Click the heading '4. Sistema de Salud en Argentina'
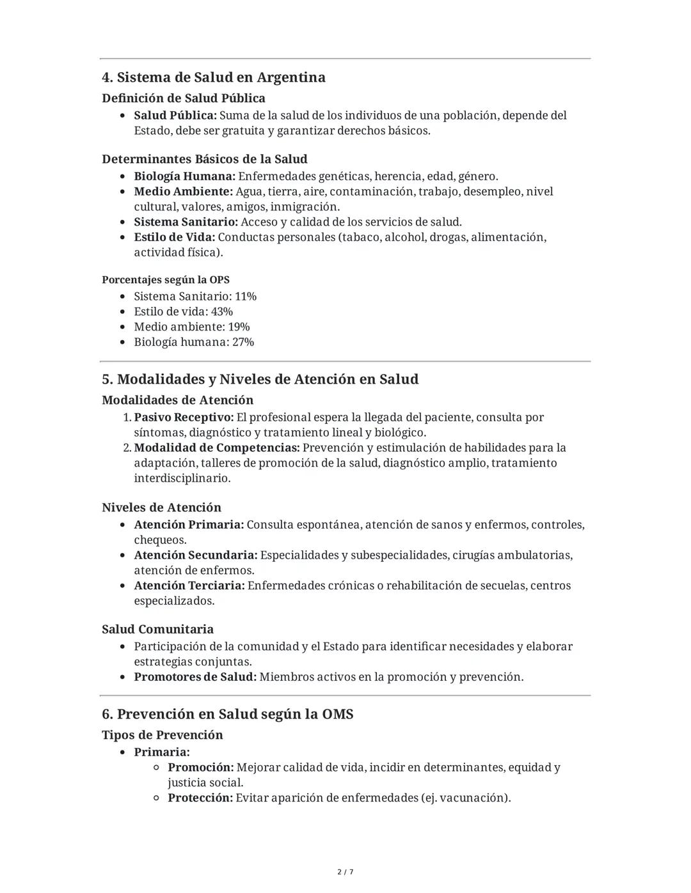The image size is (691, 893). point(213,77)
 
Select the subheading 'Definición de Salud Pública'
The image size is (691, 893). point(183,98)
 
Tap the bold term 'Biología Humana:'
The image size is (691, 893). point(184,176)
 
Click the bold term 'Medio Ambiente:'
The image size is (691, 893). point(183,192)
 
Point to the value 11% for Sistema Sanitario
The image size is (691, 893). point(246,297)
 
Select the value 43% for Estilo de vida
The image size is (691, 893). point(221,312)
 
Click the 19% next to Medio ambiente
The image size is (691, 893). point(239,327)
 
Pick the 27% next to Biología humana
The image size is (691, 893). point(243,343)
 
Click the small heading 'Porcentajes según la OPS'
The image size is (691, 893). point(166,280)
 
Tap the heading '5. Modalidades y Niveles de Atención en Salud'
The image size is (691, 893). point(260,380)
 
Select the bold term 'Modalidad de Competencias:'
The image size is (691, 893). point(216,448)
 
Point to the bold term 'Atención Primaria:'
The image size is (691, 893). point(189,525)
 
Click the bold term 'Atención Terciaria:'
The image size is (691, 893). point(189,586)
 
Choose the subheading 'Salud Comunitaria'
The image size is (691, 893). point(157,630)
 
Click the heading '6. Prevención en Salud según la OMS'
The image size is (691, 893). point(227,714)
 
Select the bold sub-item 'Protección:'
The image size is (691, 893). point(200,798)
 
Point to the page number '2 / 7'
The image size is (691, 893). point(345,872)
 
